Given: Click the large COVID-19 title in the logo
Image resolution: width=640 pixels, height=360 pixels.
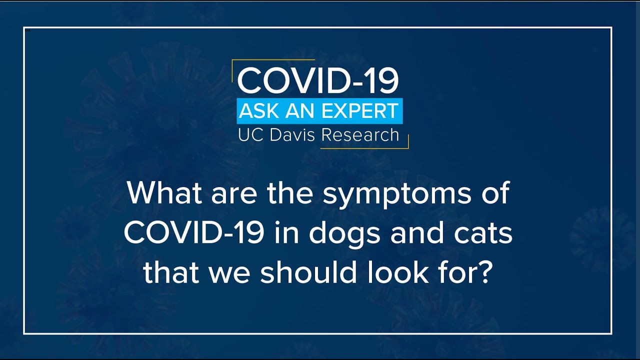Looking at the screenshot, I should tap(318, 81).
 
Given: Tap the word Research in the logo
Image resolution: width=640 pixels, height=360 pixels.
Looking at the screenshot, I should tap(360, 135).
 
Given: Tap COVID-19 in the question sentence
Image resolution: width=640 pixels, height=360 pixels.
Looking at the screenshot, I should tap(194, 233).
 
